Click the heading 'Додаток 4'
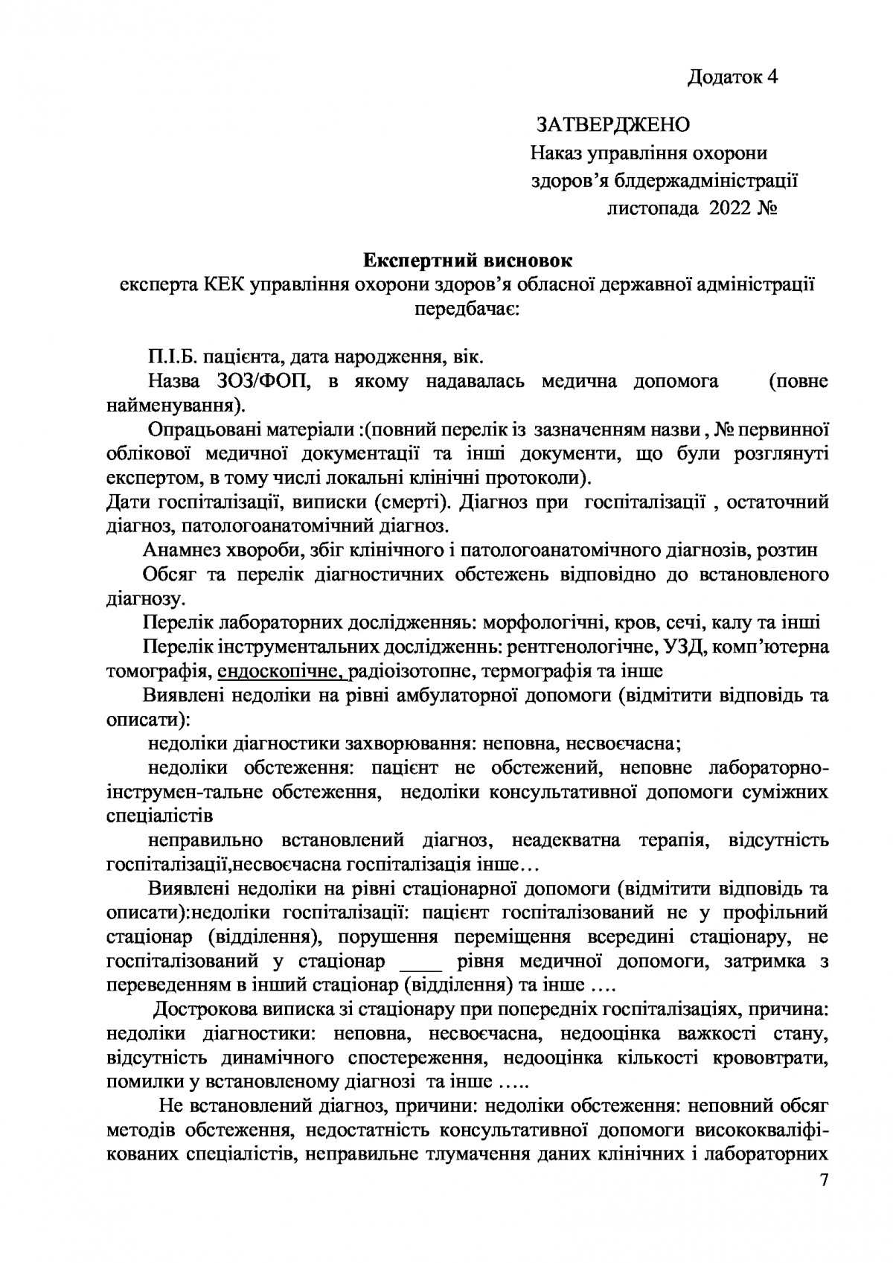click(x=732, y=77)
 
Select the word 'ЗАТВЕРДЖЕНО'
click(x=613, y=124)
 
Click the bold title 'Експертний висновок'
click(x=468, y=260)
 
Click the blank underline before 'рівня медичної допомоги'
click(x=421, y=962)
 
